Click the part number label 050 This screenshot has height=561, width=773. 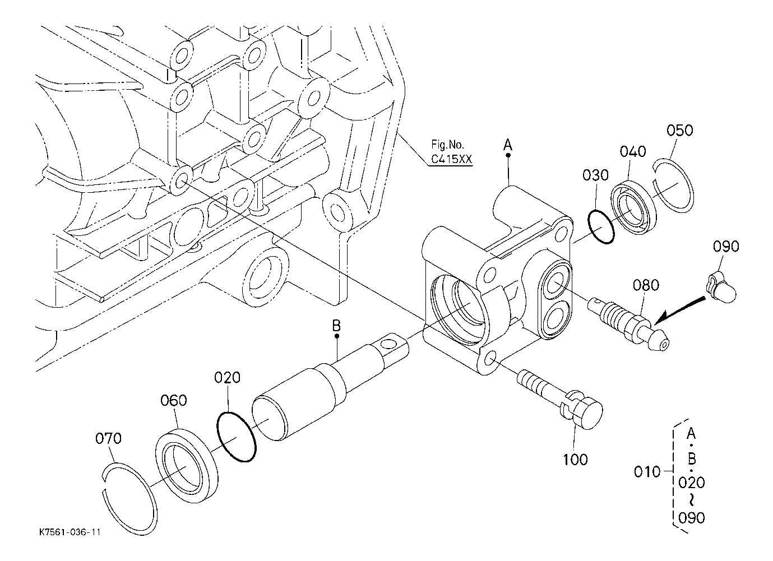[x=679, y=131]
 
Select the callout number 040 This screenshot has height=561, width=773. [x=632, y=151]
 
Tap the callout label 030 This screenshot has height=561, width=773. [x=595, y=175]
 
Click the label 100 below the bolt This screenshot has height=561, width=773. [x=575, y=460]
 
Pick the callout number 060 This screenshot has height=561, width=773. [x=174, y=401]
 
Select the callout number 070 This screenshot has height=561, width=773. [x=108, y=438]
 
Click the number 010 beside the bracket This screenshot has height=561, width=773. [x=647, y=472]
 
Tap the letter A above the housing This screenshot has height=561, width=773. [x=508, y=145]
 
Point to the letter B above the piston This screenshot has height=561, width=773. [x=336, y=326]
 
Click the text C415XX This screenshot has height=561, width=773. [x=451, y=159]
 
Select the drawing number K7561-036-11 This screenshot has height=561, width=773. [x=70, y=532]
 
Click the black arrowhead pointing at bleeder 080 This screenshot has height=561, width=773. [x=660, y=318]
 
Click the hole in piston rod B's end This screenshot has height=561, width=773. [x=389, y=344]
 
